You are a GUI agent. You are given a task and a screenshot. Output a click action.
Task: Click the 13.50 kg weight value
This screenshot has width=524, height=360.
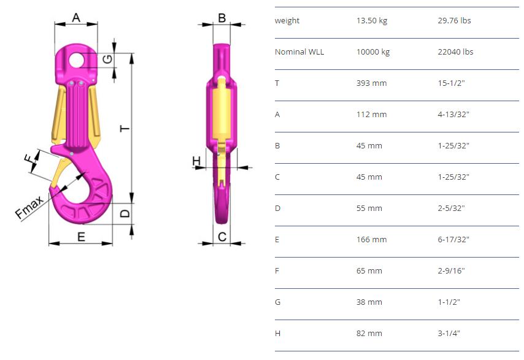(x=372, y=21)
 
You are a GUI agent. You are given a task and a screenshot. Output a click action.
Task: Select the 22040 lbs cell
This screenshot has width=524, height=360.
(x=455, y=52)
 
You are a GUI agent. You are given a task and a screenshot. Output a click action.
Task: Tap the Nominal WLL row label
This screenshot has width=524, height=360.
(x=299, y=52)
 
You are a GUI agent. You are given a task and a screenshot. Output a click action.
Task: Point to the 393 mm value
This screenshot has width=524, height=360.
(x=371, y=83)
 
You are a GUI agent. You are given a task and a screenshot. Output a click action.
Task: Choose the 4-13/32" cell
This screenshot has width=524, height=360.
(x=453, y=115)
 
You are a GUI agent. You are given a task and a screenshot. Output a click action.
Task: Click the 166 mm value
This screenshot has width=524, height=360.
(x=371, y=239)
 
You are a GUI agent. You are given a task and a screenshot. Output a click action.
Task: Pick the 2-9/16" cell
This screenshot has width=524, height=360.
(x=451, y=271)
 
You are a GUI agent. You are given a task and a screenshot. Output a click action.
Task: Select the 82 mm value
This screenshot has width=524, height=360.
(x=369, y=333)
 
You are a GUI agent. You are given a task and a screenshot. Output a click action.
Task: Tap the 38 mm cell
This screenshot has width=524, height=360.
(x=369, y=302)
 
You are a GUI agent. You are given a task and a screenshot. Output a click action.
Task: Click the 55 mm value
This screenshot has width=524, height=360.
(x=369, y=209)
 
